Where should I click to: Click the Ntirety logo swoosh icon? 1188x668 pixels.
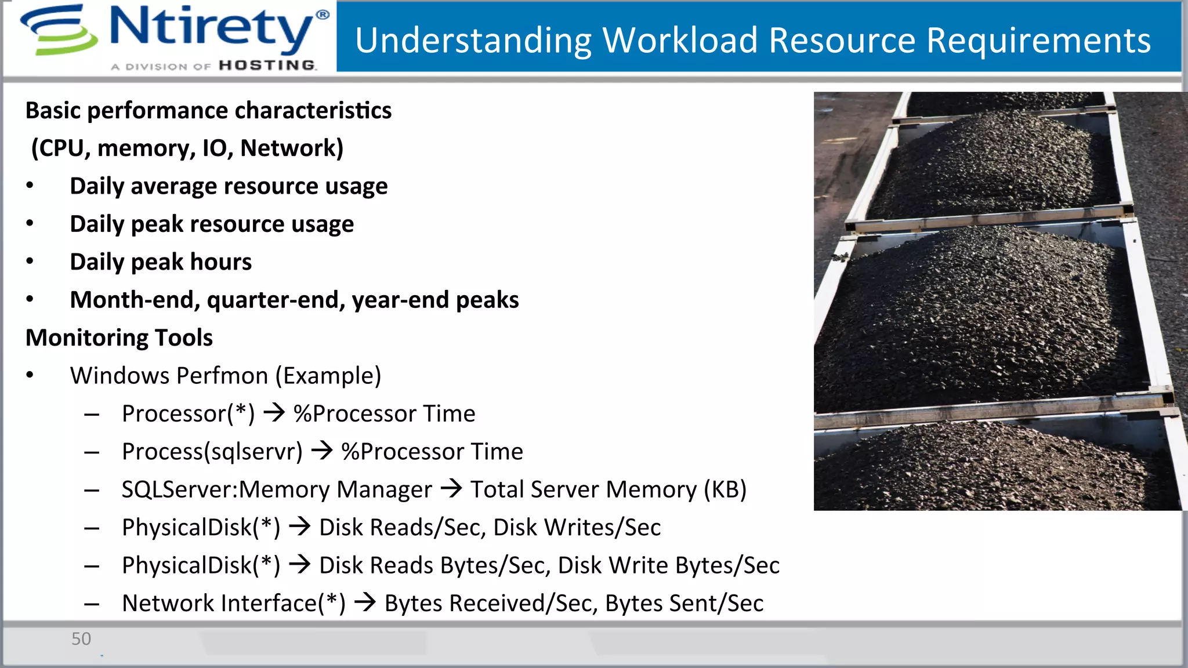click(x=58, y=30)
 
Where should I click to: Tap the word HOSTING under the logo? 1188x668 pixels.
click(x=267, y=66)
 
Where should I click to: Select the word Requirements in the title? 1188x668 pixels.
click(x=1038, y=41)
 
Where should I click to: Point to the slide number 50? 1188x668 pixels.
click(x=81, y=639)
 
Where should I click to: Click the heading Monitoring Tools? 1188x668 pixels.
click(x=119, y=337)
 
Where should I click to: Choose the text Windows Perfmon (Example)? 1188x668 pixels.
click(x=225, y=376)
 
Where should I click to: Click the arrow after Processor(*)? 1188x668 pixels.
click(x=274, y=413)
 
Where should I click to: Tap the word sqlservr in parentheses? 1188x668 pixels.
click(x=253, y=452)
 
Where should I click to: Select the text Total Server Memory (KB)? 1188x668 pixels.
click(x=608, y=489)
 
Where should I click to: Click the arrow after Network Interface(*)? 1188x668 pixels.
click(x=365, y=602)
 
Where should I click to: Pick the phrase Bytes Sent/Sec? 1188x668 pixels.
click(x=684, y=603)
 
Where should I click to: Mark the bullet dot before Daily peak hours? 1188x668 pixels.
click(x=30, y=262)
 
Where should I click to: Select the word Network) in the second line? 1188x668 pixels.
click(x=292, y=148)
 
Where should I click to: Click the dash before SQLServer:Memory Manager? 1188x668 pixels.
click(x=92, y=490)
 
